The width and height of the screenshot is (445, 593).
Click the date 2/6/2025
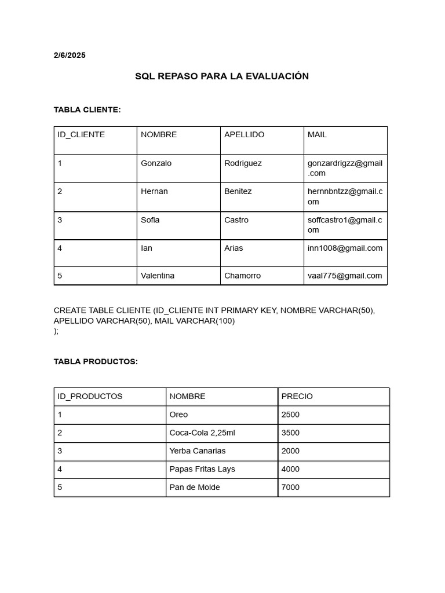pyautogui.click(x=70, y=56)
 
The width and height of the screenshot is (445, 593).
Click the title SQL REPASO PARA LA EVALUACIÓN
pyautogui.click(x=222, y=76)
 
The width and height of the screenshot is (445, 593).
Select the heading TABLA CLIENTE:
pyautogui.click(x=87, y=109)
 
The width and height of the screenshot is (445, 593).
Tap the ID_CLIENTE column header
pyautogui.click(x=81, y=134)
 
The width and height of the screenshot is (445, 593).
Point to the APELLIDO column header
pyautogui.click(x=244, y=134)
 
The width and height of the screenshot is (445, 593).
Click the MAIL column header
pyautogui.click(x=317, y=134)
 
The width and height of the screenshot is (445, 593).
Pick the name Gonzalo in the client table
pyautogui.click(x=156, y=163)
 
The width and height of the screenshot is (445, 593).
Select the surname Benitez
pyautogui.click(x=238, y=191)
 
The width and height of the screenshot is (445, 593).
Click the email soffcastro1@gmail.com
pyautogui.click(x=345, y=225)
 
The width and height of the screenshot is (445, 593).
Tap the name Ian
pyautogui.click(x=147, y=248)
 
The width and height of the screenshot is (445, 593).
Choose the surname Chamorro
pyautogui.click(x=242, y=276)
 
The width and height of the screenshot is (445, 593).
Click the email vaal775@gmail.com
pyautogui.click(x=345, y=276)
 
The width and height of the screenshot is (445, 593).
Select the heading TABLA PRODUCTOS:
pyautogui.click(x=96, y=361)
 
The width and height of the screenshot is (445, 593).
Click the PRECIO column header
pyautogui.click(x=297, y=397)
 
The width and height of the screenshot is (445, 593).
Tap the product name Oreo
pyautogui.click(x=178, y=415)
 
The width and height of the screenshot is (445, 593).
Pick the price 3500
pyautogui.click(x=290, y=433)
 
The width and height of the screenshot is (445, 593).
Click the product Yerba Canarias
pyautogui.click(x=197, y=451)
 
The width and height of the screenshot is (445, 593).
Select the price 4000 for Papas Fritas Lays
pyautogui.click(x=290, y=469)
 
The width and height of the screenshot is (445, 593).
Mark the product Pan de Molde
pyautogui.click(x=194, y=488)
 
